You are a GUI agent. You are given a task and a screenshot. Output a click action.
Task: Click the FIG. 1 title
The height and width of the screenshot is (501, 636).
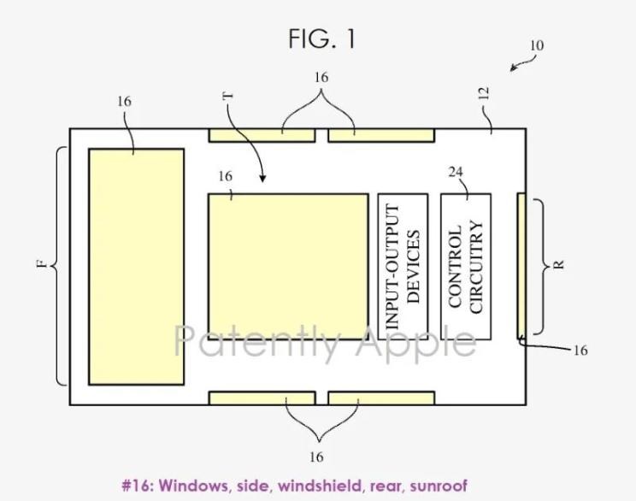322,38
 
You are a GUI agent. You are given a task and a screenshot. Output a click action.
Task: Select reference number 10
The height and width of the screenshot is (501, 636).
537,45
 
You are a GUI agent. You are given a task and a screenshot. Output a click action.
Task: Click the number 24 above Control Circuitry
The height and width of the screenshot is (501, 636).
456,172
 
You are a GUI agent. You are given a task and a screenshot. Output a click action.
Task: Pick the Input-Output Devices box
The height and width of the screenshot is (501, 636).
403,267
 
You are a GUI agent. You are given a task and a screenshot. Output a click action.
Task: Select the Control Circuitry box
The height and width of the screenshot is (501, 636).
466,267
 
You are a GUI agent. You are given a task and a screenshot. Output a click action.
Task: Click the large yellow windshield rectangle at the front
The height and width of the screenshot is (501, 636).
136,267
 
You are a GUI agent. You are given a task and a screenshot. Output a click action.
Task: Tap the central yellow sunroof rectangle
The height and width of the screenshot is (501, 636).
288,267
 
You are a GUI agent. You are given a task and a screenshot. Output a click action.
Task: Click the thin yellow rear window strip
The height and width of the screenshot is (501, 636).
521,266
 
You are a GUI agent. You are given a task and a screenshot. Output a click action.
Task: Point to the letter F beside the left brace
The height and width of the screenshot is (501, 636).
42,264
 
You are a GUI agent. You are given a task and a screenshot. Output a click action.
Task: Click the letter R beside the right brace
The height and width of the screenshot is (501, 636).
558,264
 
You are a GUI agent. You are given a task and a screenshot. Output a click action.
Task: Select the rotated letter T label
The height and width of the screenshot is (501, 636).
228,96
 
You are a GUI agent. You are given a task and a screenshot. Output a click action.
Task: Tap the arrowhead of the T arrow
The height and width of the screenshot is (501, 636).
262,178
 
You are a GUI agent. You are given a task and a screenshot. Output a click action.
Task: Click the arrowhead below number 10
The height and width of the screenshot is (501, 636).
513,68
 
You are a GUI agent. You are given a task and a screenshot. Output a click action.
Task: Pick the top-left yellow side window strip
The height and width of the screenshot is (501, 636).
262,135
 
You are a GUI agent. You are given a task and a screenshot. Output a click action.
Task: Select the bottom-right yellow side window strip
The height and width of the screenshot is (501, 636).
381,398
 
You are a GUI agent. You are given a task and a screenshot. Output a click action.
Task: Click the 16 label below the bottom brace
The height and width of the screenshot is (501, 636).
316,457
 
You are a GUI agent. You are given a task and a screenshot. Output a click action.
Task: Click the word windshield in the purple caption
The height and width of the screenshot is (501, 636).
321,485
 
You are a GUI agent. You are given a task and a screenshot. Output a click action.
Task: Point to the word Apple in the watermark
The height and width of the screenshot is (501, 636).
415,342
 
